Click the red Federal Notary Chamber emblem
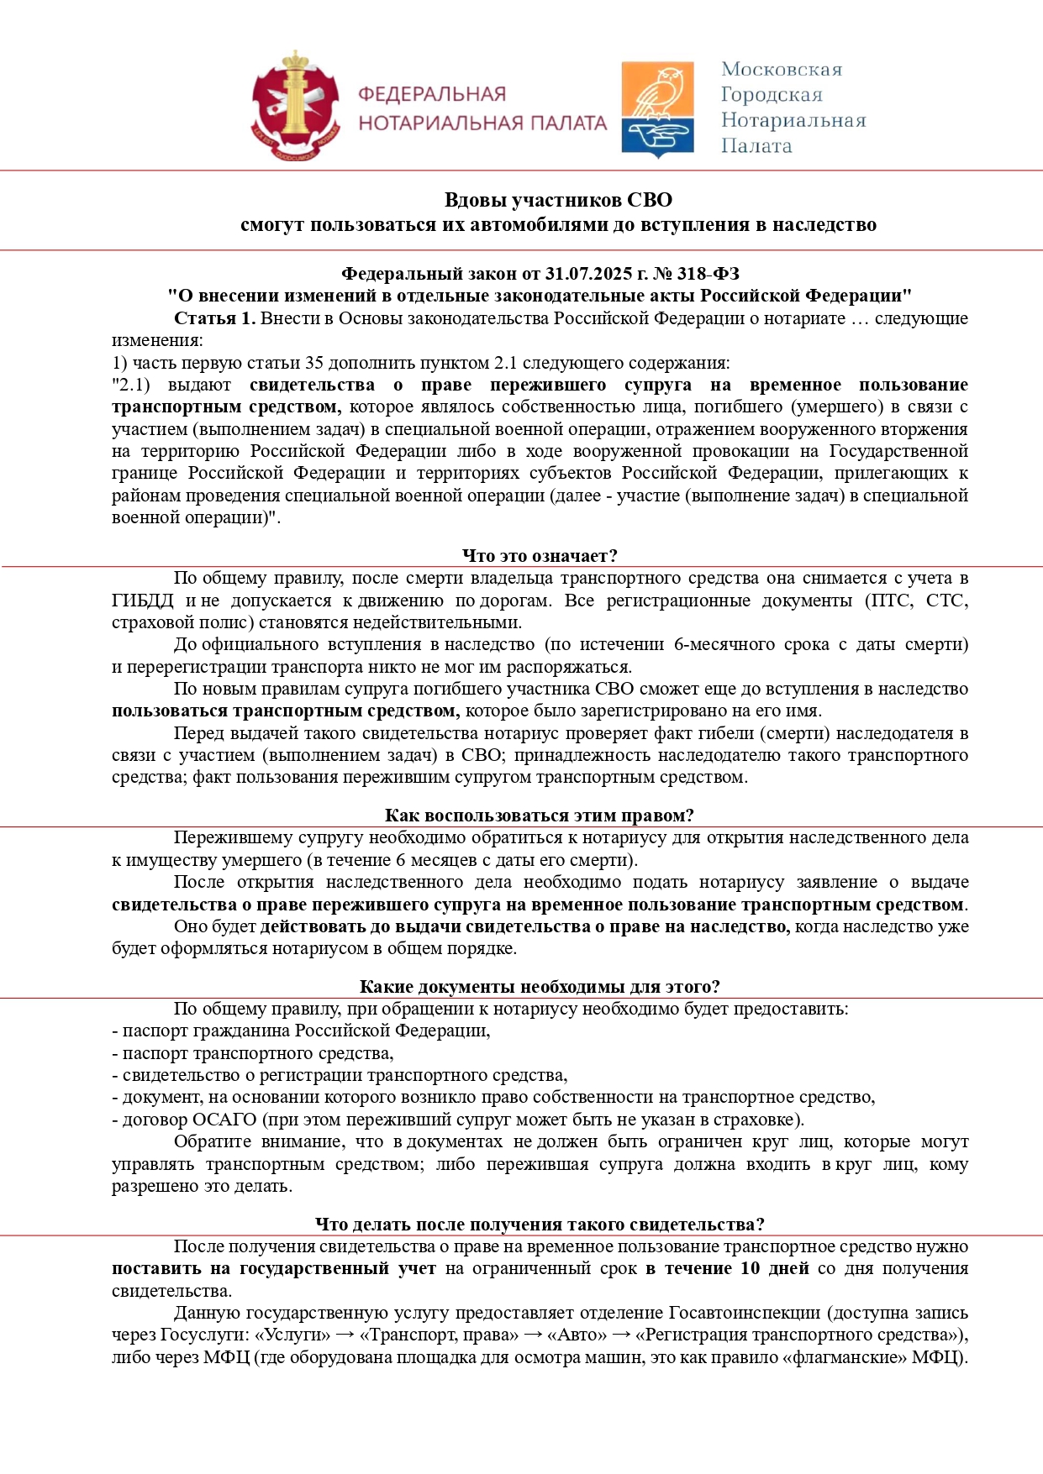point(295,106)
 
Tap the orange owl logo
point(657,107)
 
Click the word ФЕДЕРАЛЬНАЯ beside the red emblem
point(432,94)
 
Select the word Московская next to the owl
point(782,70)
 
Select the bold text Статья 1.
point(214,318)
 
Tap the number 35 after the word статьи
point(314,363)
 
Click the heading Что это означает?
point(540,556)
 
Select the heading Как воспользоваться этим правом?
point(539,816)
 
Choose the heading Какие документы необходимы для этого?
point(540,987)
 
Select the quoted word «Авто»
point(577,1335)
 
